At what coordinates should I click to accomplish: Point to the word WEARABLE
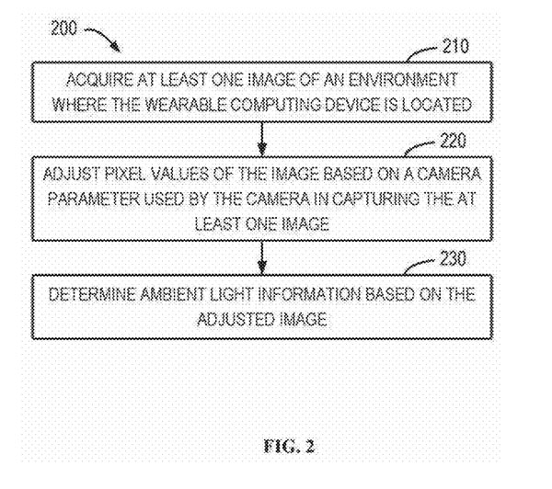[x=171, y=105]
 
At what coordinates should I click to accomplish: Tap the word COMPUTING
[x=259, y=105]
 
